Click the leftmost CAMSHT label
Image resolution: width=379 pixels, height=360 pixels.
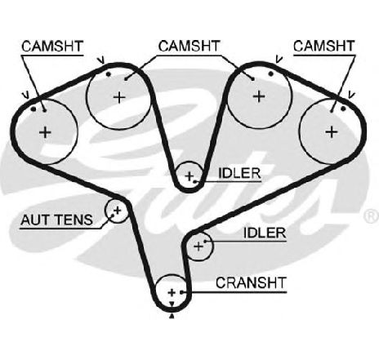click(52, 47)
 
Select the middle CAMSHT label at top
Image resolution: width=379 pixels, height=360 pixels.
click(189, 46)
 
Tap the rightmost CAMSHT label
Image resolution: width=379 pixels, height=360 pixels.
click(324, 46)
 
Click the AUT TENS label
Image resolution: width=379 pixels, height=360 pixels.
click(57, 220)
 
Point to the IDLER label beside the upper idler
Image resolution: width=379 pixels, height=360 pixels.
click(239, 173)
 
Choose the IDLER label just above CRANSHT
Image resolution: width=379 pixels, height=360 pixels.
click(265, 233)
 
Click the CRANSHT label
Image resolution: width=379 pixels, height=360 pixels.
click(251, 283)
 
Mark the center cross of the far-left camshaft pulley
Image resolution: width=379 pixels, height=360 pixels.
click(45, 132)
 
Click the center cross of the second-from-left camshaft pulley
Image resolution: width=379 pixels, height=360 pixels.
click(119, 97)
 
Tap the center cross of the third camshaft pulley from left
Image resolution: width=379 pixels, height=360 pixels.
click(259, 96)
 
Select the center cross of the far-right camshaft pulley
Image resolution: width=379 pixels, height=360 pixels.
click(332, 132)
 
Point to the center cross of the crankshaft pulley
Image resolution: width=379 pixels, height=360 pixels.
click(172, 293)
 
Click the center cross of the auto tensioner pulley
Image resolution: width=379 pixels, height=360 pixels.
click(118, 210)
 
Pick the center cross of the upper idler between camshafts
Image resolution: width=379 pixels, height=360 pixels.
click(189, 176)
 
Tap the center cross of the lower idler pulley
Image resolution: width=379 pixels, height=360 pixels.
click(198, 247)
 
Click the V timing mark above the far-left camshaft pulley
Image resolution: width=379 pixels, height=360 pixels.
click(26, 95)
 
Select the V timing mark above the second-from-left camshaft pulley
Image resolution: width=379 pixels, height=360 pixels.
click(101, 60)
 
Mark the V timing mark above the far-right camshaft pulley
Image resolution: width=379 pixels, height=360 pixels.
click(351, 95)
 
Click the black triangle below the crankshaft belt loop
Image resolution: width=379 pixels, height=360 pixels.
click(172, 316)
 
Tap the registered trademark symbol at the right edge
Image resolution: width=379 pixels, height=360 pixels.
click(372, 216)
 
